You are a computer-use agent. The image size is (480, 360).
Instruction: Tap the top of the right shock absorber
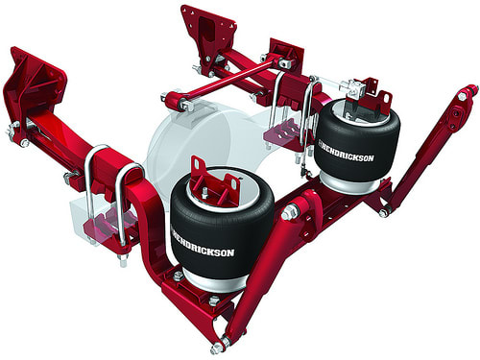[x=468, y=95]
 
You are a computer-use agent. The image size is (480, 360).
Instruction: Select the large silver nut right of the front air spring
[x=287, y=214]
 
